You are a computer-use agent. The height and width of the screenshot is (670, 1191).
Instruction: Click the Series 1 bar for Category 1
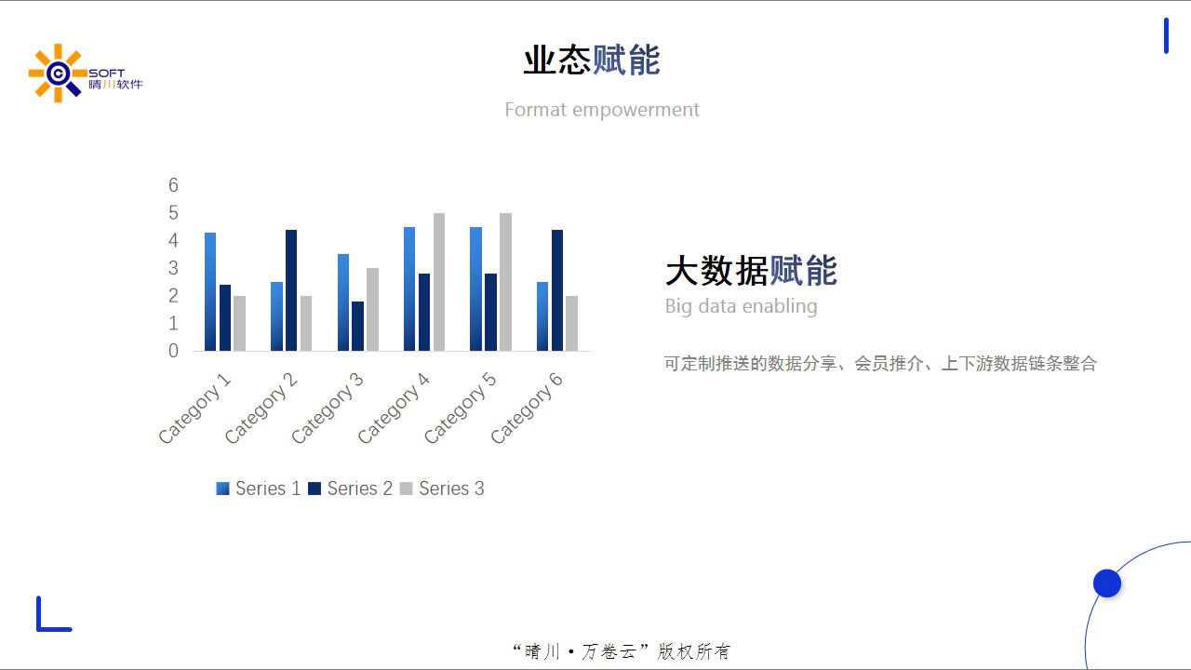[210, 291]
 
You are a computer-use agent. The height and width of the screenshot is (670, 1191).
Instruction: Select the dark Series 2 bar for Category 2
[291, 290]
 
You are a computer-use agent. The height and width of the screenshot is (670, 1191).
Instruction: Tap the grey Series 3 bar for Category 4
[439, 282]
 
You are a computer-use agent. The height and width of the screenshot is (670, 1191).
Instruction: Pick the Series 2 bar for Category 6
[556, 290]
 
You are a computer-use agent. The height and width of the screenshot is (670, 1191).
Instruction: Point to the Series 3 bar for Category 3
[373, 310]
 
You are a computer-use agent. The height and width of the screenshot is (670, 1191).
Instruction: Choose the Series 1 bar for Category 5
[475, 288]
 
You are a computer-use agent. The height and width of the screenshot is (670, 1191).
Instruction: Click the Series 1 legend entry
[259, 489]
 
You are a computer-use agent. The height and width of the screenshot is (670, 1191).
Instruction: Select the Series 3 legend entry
[442, 489]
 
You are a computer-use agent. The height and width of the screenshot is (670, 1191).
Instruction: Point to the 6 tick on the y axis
[173, 185]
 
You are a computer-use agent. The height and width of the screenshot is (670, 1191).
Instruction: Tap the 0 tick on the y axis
[173, 351]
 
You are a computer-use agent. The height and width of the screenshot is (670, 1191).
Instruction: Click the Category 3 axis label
[328, 408]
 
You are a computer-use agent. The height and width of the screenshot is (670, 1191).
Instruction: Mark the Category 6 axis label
[527, 408]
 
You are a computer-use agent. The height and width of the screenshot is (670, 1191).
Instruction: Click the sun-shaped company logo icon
[58, 73]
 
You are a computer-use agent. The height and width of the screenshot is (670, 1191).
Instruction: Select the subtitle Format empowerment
[602, 110]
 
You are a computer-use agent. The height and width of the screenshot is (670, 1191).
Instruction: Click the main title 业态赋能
[592, 60]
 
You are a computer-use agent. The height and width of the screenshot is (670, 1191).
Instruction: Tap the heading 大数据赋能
[751, 271]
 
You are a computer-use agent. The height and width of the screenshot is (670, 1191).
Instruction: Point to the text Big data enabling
[742, 306]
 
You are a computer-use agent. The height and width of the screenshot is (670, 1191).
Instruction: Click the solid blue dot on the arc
[1107, 583]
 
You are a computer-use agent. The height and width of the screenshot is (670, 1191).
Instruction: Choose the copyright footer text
[622, 651]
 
